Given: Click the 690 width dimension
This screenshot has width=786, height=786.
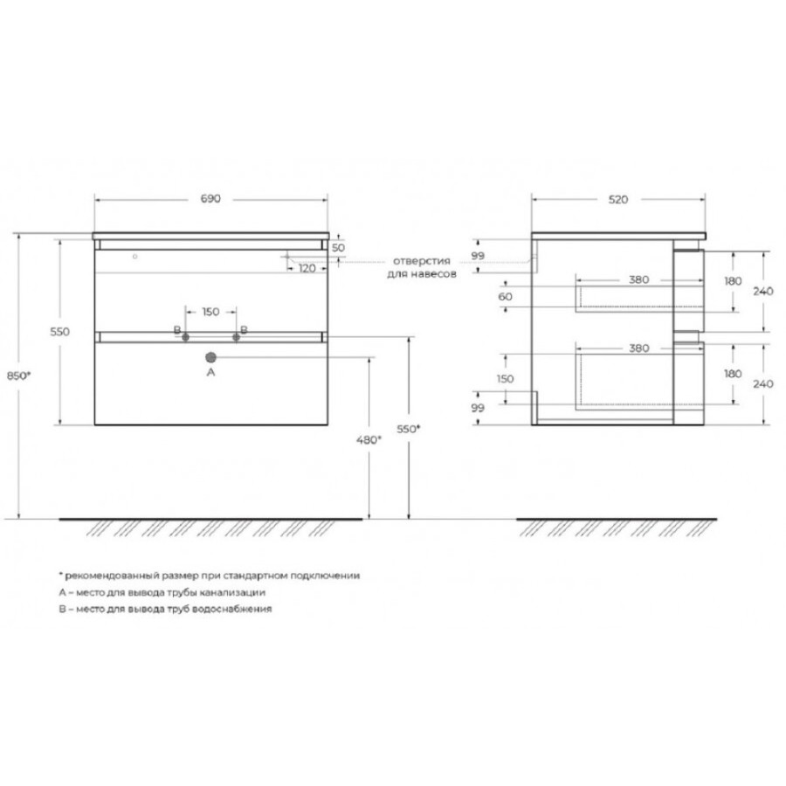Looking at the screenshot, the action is (x=210, y=198).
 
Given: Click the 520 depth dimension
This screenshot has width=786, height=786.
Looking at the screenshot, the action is (x=618, y=199).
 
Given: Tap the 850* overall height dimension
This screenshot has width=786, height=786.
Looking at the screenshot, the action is (x=18, y=376).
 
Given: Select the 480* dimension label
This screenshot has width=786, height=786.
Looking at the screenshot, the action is (x=369, y=440).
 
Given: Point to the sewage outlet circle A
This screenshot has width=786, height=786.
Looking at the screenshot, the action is (x=211, y=357).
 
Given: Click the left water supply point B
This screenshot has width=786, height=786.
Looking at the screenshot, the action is (x=185, y=337).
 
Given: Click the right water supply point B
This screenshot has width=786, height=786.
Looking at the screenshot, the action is (x=236, y=337).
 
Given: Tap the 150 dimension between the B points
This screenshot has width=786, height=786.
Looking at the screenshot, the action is (x=210, y=312).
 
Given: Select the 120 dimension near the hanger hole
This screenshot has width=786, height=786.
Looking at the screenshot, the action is (x=307, y=268).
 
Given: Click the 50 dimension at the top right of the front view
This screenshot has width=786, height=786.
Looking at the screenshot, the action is (x=338, y=248).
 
